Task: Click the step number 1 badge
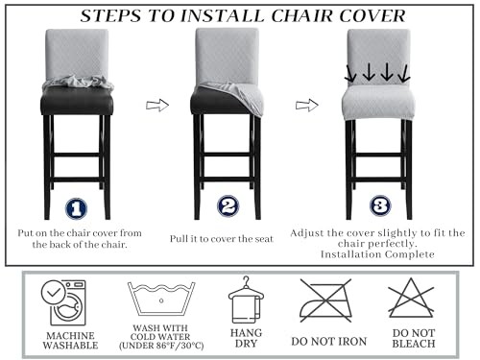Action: pyautogui.click(x=77, y=207)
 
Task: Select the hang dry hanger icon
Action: pyautogui.click(x=246, y=300)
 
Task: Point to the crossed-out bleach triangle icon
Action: pyautogui.click(x=412, y=299)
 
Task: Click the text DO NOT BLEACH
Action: pyautogui.click(x=413, y=342)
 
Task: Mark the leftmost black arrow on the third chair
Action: pyautogui.click(x=351, y=73)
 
